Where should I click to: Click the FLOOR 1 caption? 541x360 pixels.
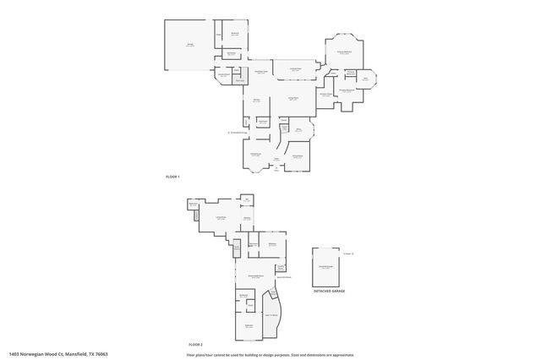point(172,176)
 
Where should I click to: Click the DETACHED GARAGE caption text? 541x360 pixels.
point(329,291)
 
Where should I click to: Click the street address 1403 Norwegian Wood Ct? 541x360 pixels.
point(38,354)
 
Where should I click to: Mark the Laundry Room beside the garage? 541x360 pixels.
point(224,76)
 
